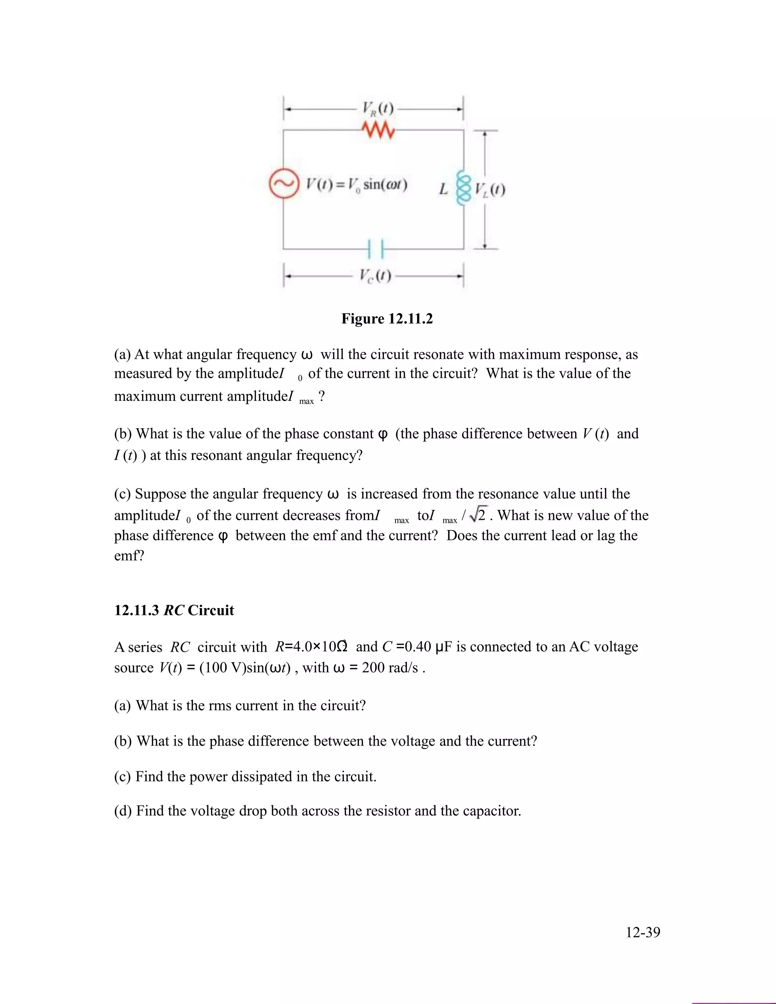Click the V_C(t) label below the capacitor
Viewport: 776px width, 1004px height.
click(x=375, y=276)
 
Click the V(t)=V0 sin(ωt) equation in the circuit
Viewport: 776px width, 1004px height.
click(x=357, y=185)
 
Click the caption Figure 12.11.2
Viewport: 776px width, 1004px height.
click(x=387, y=319)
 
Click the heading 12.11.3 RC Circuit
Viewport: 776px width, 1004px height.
click(x=174, y=610)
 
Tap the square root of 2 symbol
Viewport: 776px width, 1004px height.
click(x=478, y=515)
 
